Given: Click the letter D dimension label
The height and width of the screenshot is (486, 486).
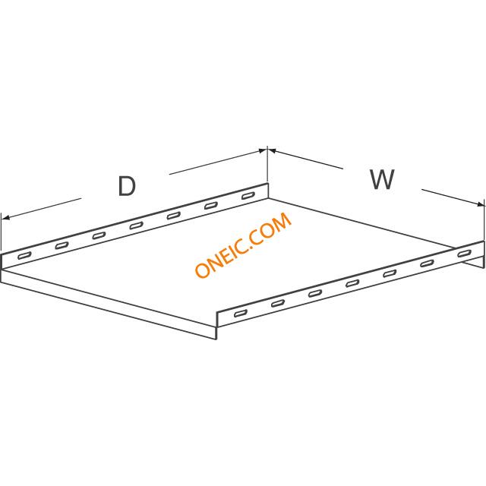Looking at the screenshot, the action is [x=127, y=186].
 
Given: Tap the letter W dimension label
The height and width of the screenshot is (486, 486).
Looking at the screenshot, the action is [x=382, y=179].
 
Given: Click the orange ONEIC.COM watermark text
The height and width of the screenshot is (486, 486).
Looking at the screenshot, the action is [x=243, y=245].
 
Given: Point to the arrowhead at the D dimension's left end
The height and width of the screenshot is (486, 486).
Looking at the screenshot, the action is [x=5, y=218].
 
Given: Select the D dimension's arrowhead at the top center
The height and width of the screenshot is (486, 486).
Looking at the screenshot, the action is [x=263, y=151].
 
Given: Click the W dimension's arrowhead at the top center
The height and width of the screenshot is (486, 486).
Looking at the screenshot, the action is [x=272, y=150].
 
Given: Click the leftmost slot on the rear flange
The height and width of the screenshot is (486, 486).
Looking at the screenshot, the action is [x=24, y=256].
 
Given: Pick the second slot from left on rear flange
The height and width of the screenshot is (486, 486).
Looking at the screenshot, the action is [x=62, y=246].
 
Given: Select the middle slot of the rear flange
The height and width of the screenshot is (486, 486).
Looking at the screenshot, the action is [x=137, y=226].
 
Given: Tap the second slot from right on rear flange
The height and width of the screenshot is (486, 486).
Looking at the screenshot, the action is [x=211, y=206].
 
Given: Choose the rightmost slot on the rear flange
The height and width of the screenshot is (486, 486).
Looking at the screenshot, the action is [x=248, y=196].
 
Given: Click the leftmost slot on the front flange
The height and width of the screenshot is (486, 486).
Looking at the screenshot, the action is [x=241, y=314].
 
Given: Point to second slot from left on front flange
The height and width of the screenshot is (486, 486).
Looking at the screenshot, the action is [x=278, y=304].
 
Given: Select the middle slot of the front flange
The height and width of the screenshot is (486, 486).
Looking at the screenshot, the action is [x=352, y=283].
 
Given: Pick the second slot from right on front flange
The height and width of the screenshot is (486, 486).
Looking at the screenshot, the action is [x=427, y=264].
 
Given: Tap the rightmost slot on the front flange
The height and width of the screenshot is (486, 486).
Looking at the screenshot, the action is [x=464, y=254].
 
